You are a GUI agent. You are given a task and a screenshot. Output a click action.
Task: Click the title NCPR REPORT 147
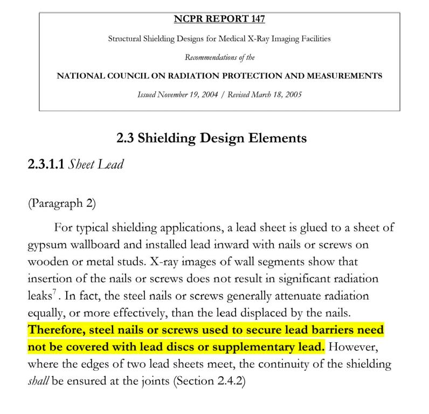pos(219,20)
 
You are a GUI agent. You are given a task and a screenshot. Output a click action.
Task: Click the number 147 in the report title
pos(257,20)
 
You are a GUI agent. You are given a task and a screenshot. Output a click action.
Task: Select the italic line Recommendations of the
pos(219,57)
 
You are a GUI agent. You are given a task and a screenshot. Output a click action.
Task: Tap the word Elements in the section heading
pos(277,138)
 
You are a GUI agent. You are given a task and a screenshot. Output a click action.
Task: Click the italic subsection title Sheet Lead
pos(95,165)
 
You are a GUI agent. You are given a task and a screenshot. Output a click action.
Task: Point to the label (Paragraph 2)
pos(61,203)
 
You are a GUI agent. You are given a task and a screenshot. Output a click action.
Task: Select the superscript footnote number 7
pos(54,293)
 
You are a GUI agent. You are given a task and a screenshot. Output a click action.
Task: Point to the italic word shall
pos(38,382)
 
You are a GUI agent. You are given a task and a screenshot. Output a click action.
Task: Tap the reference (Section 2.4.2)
pos(209,382)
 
